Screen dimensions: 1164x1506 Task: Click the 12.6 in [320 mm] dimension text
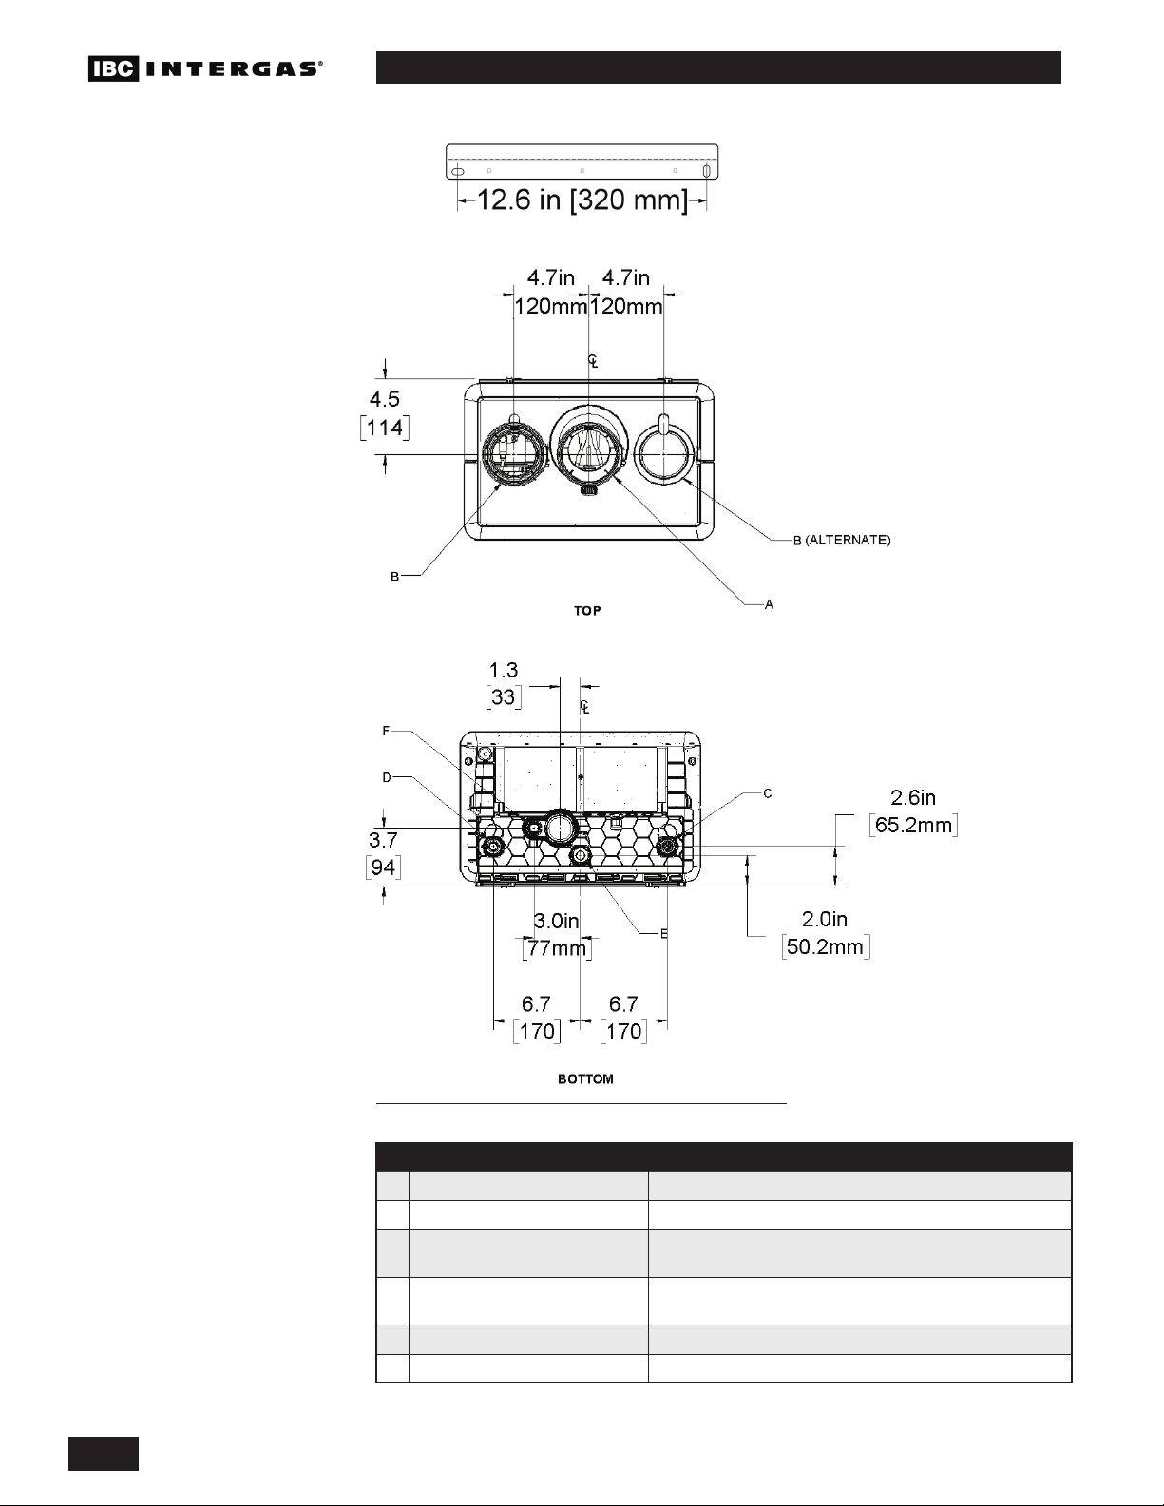(x=582, y=200)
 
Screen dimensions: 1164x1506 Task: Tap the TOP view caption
(x=587, y=611)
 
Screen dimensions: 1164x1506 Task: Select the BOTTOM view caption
(x=585, y=1079)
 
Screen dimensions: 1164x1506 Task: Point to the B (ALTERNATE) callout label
(x=842, y=540)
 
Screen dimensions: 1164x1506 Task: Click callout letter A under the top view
(x=769, y=605)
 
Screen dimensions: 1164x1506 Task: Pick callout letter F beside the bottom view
(x=386, y=731)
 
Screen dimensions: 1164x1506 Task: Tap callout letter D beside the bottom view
(x=387, y=777)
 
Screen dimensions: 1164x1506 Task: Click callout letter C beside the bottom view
(x=768, y=793)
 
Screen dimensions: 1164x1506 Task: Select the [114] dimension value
(x=385, y=428)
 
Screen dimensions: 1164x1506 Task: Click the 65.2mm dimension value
(x=914, y=825)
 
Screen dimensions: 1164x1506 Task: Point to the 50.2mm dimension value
(x=825, y=946)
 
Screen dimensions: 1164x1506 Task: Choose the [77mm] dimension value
(x=557, y=947)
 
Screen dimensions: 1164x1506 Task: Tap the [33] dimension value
(x=504, y=696)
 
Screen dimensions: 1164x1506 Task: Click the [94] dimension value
(x=383, y=867)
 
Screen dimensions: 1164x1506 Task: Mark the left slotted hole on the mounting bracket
(x=457, y=171)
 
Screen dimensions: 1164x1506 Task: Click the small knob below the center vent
(x=589, y=490)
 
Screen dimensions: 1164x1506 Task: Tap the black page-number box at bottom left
(x=104, y=1454)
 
